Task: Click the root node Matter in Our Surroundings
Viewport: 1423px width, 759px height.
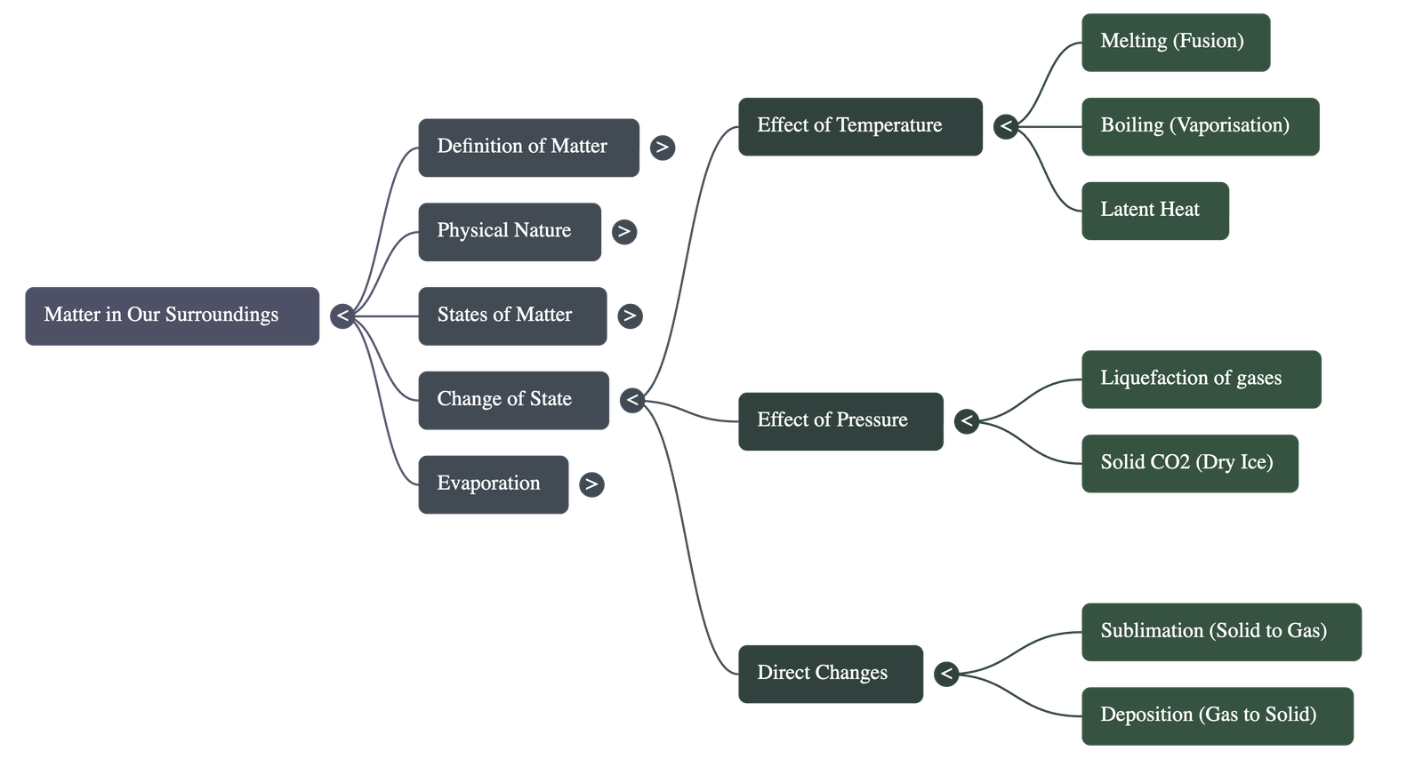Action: [172, 316]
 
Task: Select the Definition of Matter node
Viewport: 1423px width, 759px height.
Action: [528, 147]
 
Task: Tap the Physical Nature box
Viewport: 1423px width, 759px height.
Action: [509, 231]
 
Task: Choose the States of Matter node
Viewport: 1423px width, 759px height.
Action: [512, 316]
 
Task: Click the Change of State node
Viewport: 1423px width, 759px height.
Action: [513, 400]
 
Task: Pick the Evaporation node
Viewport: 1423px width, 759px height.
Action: [493, 484]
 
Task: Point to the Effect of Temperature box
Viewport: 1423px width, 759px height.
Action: [860, 126]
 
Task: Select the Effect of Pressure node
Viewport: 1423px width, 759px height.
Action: [840, 420]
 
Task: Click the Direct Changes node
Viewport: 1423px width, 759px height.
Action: [830, 674]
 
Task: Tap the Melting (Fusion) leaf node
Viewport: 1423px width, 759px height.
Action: [1175, 42]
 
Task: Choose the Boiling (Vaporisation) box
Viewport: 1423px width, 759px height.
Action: [1200, 126]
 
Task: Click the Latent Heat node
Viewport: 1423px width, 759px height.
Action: [1154, 211]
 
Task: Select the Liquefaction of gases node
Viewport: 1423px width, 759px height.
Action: [1201, 379]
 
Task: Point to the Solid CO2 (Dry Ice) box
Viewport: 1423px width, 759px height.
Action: [1190, 463]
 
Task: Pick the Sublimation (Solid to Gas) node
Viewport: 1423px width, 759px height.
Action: [1221, 631]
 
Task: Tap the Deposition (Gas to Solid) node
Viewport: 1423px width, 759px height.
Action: [1218, 715]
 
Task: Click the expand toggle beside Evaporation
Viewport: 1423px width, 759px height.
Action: [591, 484]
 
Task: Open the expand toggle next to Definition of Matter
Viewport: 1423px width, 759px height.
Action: [662, 148]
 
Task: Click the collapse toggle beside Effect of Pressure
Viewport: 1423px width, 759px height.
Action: [967, 420]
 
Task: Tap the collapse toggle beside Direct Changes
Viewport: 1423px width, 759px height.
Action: [946, 674]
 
